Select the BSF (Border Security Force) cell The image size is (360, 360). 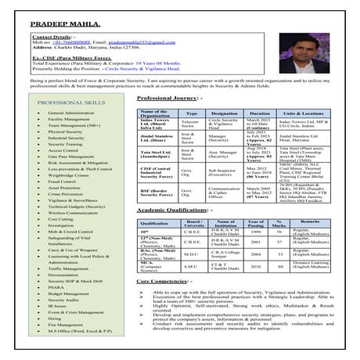click(x=157, y=191)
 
